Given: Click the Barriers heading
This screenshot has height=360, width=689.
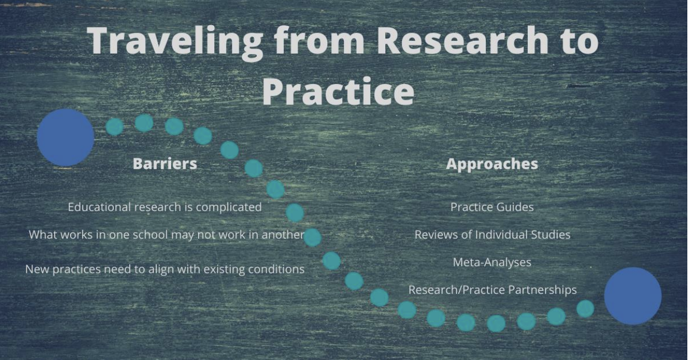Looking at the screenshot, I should pos(165,163).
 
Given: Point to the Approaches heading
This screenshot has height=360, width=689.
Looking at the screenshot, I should pos(492,163).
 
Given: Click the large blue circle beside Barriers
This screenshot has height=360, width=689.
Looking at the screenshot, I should pos(65,137).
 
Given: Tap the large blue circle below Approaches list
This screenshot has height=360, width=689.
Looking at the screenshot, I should pos(633,296).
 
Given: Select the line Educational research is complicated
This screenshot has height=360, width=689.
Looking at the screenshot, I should pos(165,207).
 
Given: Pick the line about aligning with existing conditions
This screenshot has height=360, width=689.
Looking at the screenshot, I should pos(165,269).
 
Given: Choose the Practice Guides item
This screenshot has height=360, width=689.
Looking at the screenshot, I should pos(492,207).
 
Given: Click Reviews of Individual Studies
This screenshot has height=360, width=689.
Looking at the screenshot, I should pos(492,235).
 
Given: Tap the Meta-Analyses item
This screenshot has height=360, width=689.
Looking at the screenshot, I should pos(492,262).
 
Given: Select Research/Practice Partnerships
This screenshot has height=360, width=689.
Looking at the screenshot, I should pos(492,290).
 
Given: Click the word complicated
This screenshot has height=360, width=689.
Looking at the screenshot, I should pos(229,207).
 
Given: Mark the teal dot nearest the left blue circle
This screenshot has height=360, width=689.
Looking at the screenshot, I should pos(114,127).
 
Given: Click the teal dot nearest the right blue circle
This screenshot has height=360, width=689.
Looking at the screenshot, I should pos(585,309).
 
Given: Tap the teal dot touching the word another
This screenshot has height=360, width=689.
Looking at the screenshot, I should pos(312,237).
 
